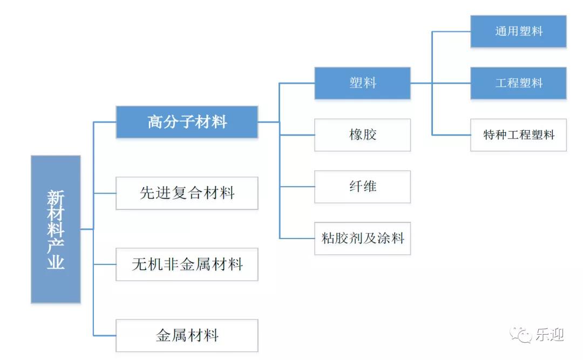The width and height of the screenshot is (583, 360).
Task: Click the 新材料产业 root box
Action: tap(56, 229)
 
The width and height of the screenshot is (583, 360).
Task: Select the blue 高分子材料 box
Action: tap(187, 122)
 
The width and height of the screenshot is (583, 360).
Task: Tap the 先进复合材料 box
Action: tap(187, 193)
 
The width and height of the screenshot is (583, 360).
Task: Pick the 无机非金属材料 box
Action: tap(187, 264)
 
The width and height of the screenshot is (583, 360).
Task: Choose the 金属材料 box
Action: tap(187, 336)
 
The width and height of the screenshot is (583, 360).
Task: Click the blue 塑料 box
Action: tap(362, 83)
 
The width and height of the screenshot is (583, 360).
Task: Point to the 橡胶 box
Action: tap(362, 135)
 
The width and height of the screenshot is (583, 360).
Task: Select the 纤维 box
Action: tap(362, 187)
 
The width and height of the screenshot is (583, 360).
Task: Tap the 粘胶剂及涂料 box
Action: tap(362, 238)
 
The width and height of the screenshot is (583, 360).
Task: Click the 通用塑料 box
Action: tap(518, 31)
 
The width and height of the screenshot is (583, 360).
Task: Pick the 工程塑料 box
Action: tap(518, 83)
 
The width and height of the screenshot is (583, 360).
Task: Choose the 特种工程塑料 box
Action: tap(518, 135)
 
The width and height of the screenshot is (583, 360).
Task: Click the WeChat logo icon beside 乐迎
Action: tap(521, 335)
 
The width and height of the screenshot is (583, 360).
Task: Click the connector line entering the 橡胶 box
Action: tap(297, 135)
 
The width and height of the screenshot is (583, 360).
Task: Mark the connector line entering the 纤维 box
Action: tap(297, 187)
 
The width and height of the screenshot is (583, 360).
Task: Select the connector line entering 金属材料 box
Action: tap(105, 336)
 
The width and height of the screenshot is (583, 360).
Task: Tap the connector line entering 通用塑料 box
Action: tap(451, 31)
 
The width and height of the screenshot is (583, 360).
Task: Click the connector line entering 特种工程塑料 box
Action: tap(451, 135)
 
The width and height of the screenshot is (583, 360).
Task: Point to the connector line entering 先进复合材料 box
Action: tap(105, 193)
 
